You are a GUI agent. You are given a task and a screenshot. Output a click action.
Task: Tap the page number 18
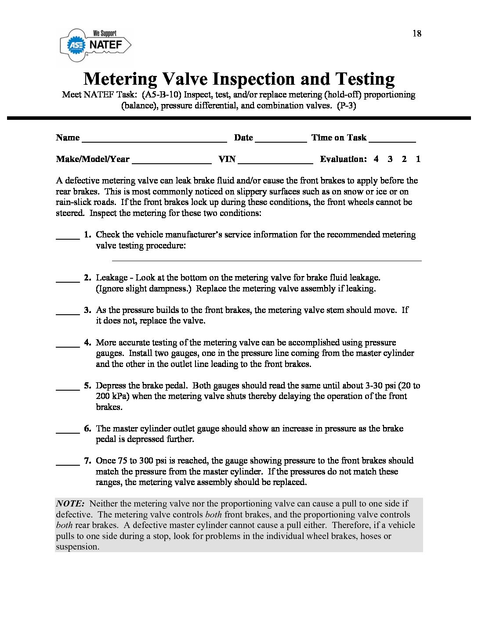(x=416, y=34)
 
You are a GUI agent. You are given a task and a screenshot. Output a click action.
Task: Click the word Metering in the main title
(x=120, y=79)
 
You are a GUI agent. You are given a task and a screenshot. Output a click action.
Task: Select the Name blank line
(x=154, y=141)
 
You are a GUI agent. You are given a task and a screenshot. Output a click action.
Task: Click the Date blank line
(x=281, y=141)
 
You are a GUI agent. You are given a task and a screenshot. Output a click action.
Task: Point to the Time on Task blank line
(x=392, y=141)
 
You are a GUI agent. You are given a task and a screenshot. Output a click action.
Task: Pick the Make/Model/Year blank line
(x=172, y=162)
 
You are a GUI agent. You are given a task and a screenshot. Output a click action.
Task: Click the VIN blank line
(x=275, y=162)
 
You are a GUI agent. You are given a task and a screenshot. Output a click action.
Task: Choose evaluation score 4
(x=376, y=159)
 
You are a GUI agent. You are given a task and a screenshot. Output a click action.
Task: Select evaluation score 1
(x=418, y=159)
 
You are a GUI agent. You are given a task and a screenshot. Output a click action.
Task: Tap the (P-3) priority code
(x=347, y=106)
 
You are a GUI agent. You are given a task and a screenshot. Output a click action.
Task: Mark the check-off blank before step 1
(x=68, y=237)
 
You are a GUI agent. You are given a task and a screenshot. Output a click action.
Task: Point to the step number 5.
(x=87, y=386)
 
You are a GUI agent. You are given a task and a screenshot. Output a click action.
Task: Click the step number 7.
(x=87, y=461)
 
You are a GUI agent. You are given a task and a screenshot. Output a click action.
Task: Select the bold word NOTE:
(x=70, y=504)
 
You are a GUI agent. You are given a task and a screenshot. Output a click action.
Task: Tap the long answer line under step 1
(x=267, y=260)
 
